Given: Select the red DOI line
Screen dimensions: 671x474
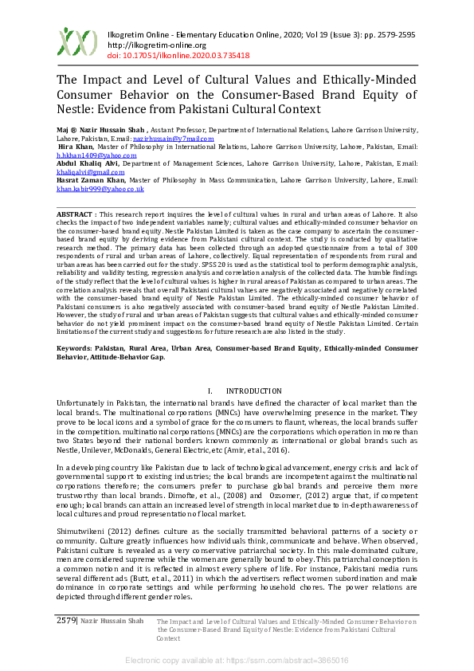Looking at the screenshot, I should (178, 56).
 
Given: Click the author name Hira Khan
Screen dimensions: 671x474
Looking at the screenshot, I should (76, 147).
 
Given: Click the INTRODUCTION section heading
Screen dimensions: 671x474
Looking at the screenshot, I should (254, 391).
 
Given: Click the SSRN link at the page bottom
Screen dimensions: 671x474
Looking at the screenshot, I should (237, 661).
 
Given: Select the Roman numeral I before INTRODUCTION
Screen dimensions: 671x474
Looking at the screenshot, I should (209, 391).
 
